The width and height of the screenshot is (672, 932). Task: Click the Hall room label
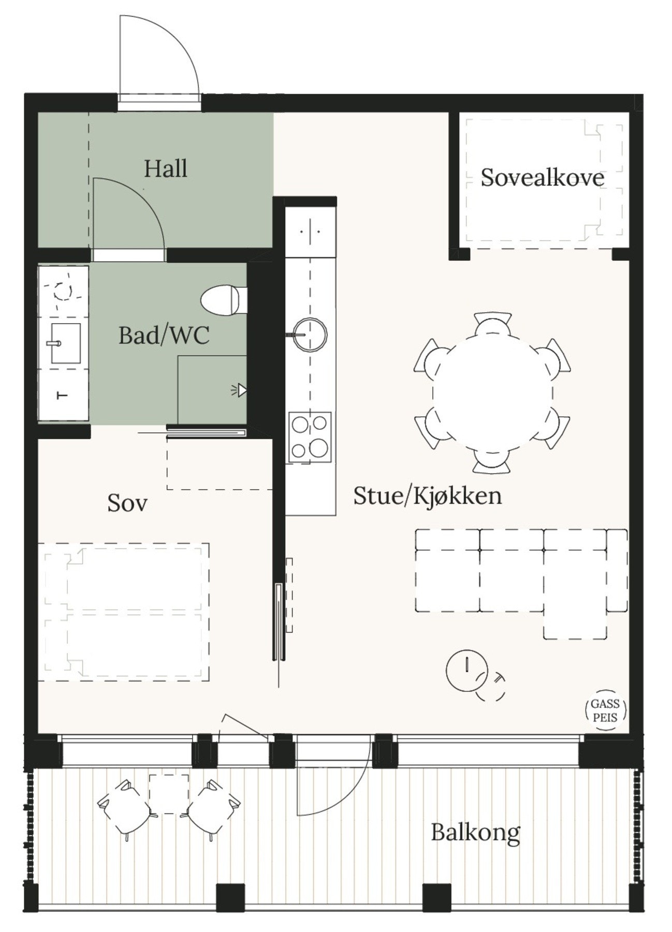(165, 169)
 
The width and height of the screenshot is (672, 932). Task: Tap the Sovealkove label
(542, 178)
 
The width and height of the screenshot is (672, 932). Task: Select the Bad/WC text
(164, 336)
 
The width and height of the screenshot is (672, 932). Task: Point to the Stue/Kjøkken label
(427, 496)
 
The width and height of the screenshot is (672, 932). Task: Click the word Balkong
(475, 833)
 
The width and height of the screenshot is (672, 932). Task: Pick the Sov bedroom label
(127, 503)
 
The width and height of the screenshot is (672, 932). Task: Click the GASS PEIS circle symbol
(605, 711)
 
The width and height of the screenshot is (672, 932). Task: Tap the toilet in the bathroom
(221, 300)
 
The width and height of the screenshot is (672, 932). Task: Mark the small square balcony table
(169, 794)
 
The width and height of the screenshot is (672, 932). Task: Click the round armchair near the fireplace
(467, 670)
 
